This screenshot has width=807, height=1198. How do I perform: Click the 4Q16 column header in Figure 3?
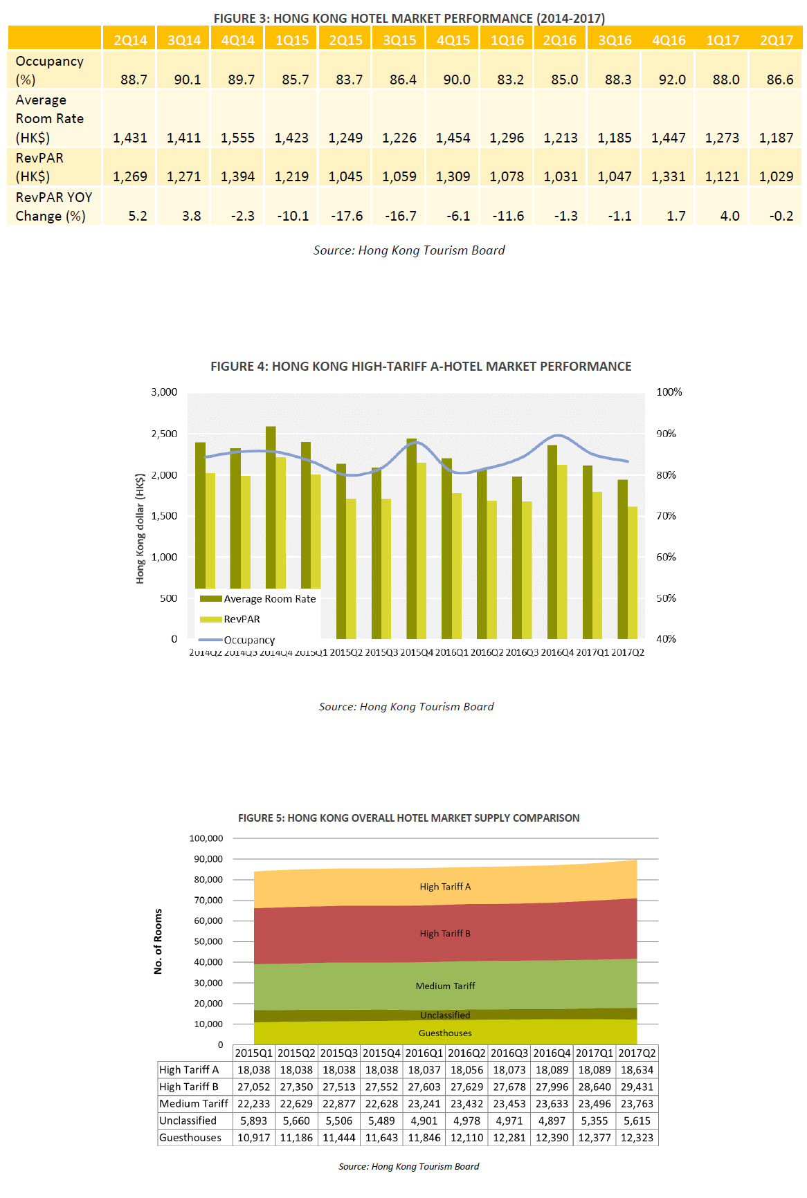[669, 40]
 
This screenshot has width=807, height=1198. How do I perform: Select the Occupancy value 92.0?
[672, 80]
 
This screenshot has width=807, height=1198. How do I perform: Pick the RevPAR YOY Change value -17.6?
[346, 216]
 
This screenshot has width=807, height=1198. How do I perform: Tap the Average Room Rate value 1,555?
[237, 138]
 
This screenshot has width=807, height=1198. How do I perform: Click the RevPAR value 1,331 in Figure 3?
[669, 176]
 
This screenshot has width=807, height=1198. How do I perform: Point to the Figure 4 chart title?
[421, 367]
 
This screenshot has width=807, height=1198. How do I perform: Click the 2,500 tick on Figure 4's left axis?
[164, 434]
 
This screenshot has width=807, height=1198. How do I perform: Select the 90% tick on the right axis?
[666, 434]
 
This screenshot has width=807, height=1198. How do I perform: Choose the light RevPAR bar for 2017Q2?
[633, 572]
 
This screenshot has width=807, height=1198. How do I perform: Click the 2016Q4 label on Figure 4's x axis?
[557, 652]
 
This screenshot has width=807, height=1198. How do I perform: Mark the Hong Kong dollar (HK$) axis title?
[140, 528]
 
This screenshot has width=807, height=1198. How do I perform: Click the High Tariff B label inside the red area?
[445, 934]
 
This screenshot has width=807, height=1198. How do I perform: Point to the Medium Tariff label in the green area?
[445, 986]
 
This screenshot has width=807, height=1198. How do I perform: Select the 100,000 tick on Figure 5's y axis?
[206, 838]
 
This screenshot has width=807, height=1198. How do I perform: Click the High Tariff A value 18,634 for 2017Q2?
[637, 1070]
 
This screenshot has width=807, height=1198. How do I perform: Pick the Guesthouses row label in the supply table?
[190, 1138]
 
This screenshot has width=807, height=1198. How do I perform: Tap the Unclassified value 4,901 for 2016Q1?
[424, 1121]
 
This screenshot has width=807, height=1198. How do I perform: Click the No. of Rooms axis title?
[158, 941]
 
